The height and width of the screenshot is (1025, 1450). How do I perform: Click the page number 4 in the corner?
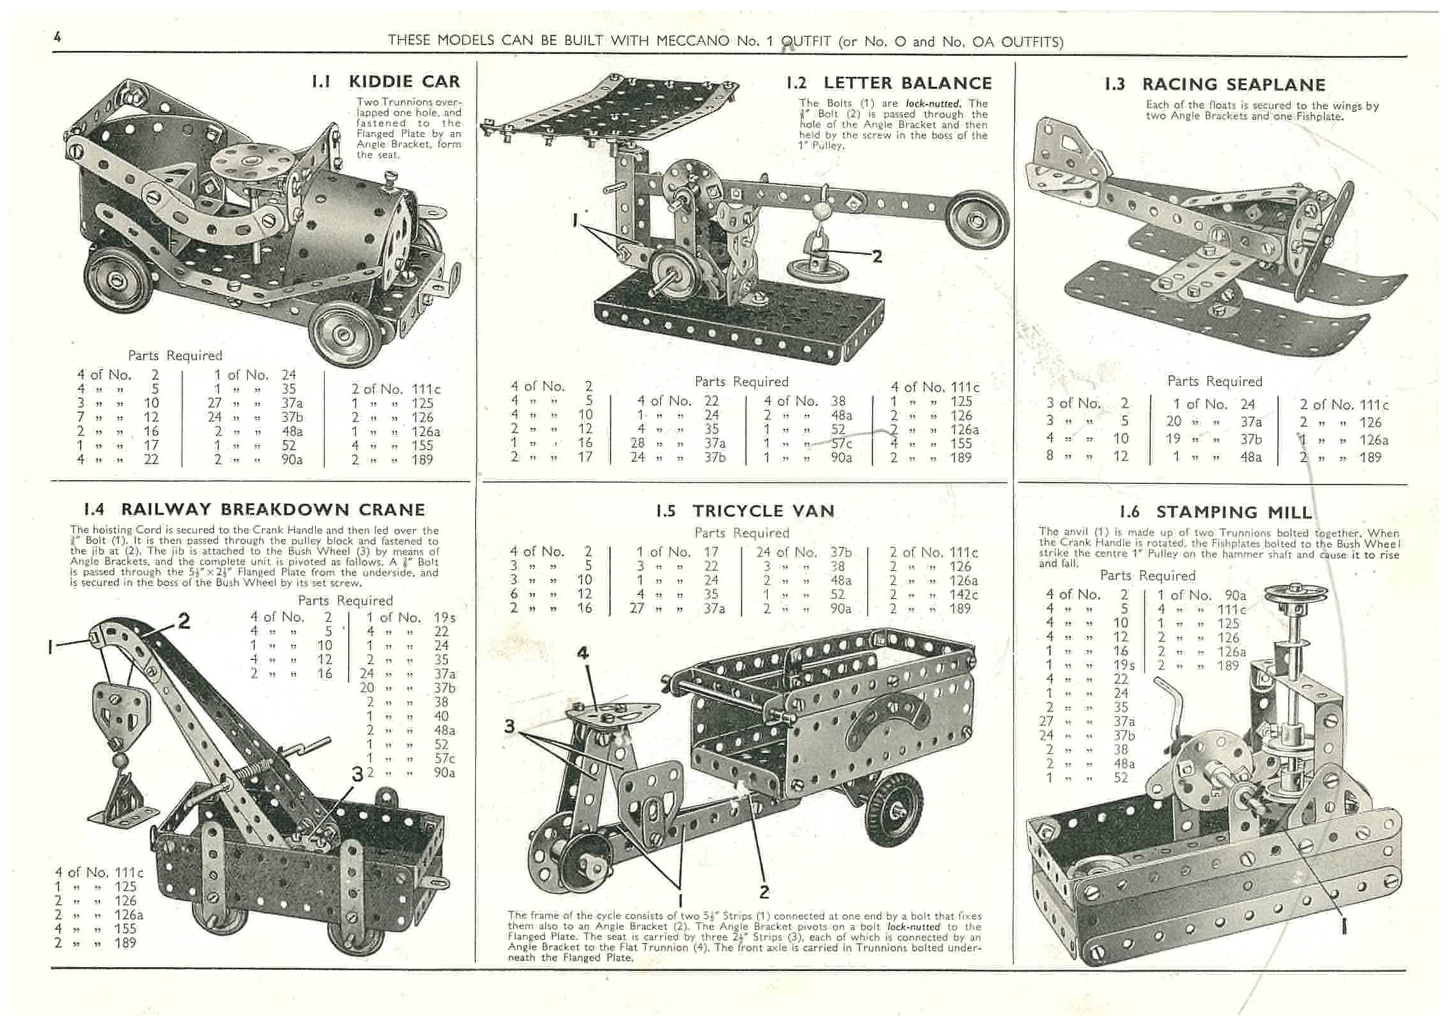coord(58,37)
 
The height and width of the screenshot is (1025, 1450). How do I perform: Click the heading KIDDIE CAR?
coord(404,81)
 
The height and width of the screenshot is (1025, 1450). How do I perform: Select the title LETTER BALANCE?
coord(907,83)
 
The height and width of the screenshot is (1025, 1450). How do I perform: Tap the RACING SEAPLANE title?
coord(1233,84)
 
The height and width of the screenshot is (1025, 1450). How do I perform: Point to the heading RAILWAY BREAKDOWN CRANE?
coord(273,509)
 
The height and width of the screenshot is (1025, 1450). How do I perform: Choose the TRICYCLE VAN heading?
coord(763,511)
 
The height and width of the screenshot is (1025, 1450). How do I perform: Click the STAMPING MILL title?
coord(1233,512)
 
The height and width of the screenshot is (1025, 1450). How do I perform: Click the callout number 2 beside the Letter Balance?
coord(877,256)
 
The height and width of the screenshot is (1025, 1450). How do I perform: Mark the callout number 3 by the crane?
coord(358,774)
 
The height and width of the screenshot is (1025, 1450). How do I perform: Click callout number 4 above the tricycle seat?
coord(583,652)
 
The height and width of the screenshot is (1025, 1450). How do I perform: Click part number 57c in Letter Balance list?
coord(841,443)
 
